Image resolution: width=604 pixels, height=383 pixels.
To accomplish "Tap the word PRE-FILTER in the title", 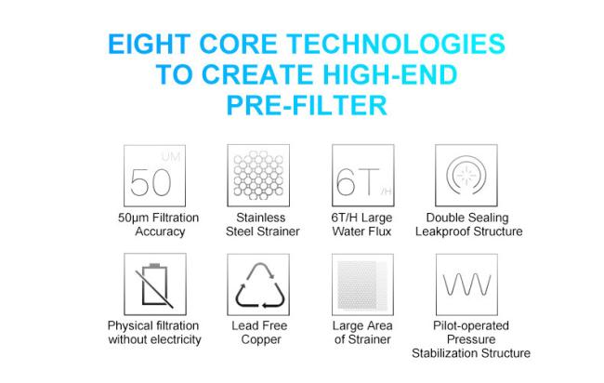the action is [307, 105].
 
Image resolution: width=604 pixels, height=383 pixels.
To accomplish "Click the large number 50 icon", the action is [151, 182].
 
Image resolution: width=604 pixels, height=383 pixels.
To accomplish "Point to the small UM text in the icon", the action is [171, 157].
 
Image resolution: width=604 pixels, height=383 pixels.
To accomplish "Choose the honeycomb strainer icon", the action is [258, 176].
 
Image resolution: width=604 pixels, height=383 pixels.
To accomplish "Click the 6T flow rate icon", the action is [363, 182].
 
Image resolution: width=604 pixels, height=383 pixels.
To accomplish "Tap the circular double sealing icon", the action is [466, 175].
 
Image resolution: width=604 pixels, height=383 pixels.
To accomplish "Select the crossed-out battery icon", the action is [154, 284].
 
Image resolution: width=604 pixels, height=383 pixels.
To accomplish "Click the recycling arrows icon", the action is [260, 285].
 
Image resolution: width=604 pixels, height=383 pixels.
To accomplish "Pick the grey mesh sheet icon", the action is [362, 285].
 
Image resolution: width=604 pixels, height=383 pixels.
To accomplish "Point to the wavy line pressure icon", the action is [466, 284].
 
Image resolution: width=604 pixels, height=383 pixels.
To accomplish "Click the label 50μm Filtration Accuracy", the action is [159, 224].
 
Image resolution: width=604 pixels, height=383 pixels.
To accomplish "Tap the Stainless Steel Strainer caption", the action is [262, 224].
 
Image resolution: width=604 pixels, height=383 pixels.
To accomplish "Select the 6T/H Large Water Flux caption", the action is [361, 224].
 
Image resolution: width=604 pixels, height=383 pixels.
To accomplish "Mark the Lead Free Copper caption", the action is [259, 333].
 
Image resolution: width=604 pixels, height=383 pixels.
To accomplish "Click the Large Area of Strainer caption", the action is [362, 333].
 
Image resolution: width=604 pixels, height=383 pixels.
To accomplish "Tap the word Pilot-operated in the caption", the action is [471, 326].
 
